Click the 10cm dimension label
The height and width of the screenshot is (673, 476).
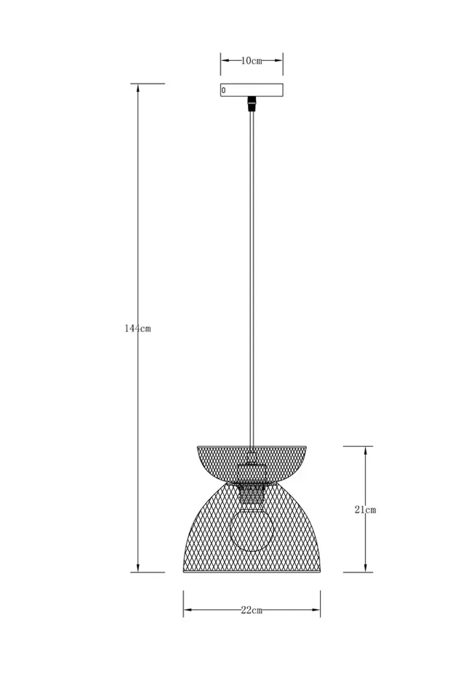click(x=251, y=61)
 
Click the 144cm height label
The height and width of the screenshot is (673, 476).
click(x=138, y=328)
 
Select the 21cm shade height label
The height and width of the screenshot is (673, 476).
click(x=365, y=510)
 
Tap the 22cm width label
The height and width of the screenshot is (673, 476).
click(x=251, y=611)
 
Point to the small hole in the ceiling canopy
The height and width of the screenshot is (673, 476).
click(x=223, y=90)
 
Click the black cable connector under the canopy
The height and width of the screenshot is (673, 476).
click(x=252, y=103)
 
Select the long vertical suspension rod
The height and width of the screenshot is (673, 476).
click(x=252, y=276)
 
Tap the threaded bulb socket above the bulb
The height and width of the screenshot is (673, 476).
click(x=251, y=495)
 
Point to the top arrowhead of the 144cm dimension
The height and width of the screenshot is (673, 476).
click(x=138, y=88)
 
